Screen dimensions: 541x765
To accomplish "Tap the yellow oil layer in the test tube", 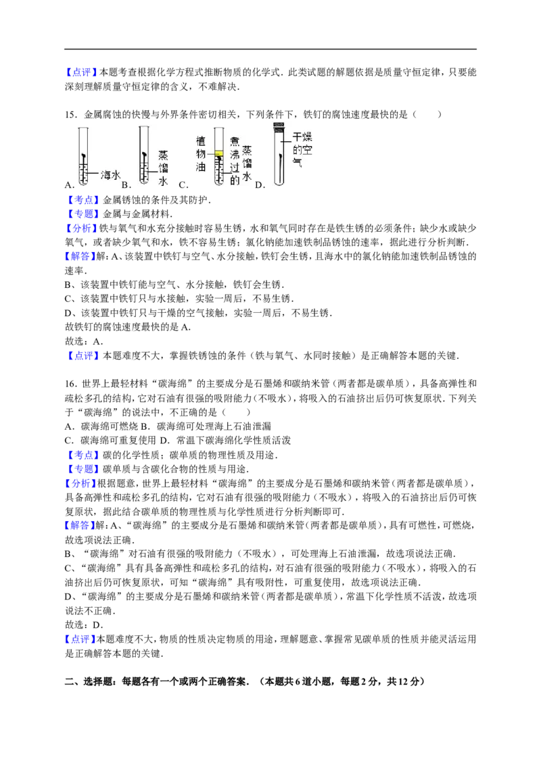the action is pos(218,154).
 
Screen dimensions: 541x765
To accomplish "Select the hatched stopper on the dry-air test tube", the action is pos(278,126).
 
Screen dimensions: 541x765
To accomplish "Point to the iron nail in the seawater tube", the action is pos(83,166).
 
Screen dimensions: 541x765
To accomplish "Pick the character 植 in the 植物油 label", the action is pos(200,141).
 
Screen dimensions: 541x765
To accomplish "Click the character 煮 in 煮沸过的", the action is pos(235,141).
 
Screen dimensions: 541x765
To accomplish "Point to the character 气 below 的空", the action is pos(297,162).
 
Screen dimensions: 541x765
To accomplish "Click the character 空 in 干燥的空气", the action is pos(308,151).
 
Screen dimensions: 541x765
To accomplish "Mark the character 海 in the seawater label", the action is pos(105,174).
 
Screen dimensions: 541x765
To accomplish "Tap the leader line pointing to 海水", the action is pos(93,174).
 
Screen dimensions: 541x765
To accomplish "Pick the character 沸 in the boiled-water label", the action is pos(235,154).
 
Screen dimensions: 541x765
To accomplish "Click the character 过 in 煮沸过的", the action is pos(235,167).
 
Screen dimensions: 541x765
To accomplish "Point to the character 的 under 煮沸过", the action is pos(235,180).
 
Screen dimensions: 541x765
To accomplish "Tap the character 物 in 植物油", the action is pos(200,154).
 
